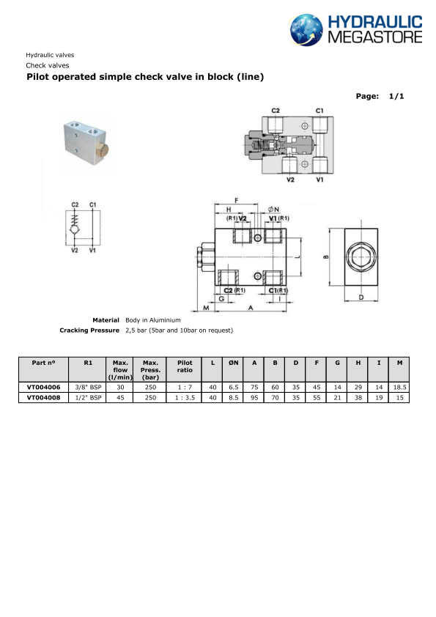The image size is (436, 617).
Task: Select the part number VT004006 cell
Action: (x=43, y=386)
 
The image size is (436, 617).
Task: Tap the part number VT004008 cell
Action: (x=43, y=397)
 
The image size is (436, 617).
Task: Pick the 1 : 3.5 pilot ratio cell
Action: (x=185, y=397)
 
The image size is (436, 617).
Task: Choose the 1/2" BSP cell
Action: (x=88, y=397)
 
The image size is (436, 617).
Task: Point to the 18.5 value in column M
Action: (x=399, y=386)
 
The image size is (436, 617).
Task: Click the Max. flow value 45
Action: (x=120, y=397)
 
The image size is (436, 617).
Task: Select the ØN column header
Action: (x=233, y=362)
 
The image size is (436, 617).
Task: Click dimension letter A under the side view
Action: (x=251, y=309)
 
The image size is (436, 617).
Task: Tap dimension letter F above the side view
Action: (x=235, y=199)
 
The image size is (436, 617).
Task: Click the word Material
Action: (x=106, y=320)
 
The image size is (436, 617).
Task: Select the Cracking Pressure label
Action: (x=89, y=330)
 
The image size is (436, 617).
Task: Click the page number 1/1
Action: (x=396, y=96)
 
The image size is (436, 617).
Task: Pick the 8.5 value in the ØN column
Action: (x=233, y=397)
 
